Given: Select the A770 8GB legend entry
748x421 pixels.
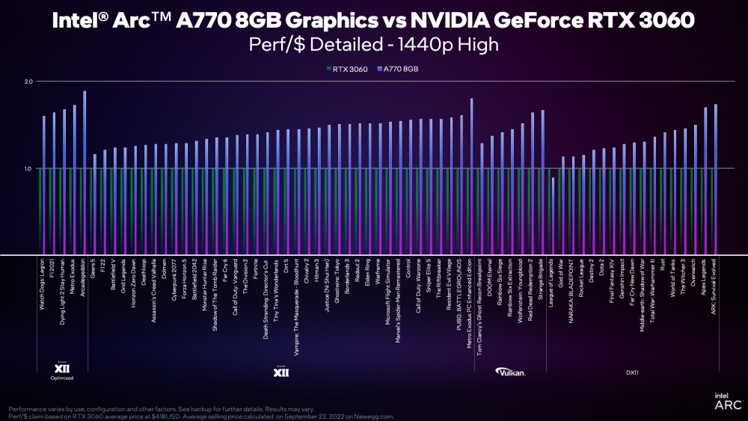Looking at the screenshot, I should click(x=401, y=68).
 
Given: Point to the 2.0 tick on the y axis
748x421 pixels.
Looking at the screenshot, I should click(x=28, y=82).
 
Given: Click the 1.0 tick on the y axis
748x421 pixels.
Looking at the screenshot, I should click(x=28, y=169).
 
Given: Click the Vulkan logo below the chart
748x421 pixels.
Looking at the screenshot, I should click(x=512, y=371).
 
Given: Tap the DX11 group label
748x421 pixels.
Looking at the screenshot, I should click(x=632, y=371).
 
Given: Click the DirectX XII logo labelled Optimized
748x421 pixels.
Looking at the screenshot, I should click(x=63, y=370).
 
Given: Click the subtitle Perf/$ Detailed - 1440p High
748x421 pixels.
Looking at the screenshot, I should click(x=373, y=44).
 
